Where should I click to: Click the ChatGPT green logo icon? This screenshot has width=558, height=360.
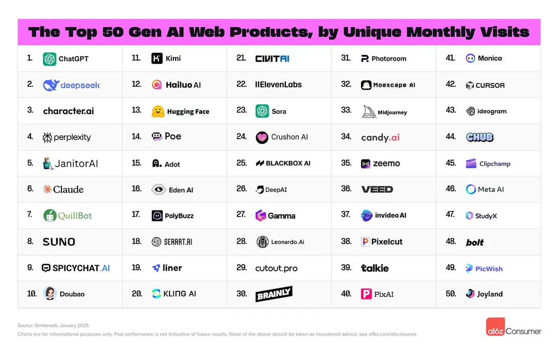point(50,59)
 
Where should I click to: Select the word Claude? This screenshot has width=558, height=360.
point(68,190)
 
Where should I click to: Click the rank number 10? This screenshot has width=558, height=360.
point(32,294)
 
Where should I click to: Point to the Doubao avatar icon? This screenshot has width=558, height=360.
point(50,294)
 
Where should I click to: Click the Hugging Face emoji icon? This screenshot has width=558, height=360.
point(158,111)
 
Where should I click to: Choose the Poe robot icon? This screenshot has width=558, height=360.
point(157,137)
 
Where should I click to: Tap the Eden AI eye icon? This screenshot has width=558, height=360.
point(158,190)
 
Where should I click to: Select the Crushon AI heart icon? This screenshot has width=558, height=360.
point(262,137)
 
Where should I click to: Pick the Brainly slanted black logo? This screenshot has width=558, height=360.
point(274,294)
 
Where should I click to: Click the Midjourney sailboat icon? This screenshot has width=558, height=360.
point(369,112)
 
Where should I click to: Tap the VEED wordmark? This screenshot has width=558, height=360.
point(377,190)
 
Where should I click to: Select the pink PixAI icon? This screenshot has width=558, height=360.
point(366,294)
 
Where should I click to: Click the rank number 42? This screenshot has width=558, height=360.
point(450,85)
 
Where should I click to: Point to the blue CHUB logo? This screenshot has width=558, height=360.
point(480,137)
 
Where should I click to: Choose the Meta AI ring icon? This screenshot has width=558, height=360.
point(471,190)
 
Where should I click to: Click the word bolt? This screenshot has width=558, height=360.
point(475,242)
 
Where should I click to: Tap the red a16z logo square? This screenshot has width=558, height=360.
point(495,327)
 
